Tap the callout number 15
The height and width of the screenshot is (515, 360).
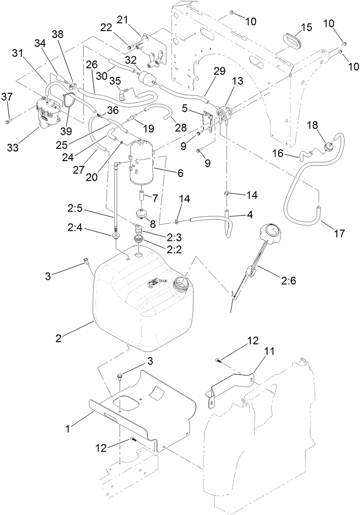pos(307,26)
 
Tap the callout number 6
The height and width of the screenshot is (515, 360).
pos(180,173)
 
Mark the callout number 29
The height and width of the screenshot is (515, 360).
pos(219,71)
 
